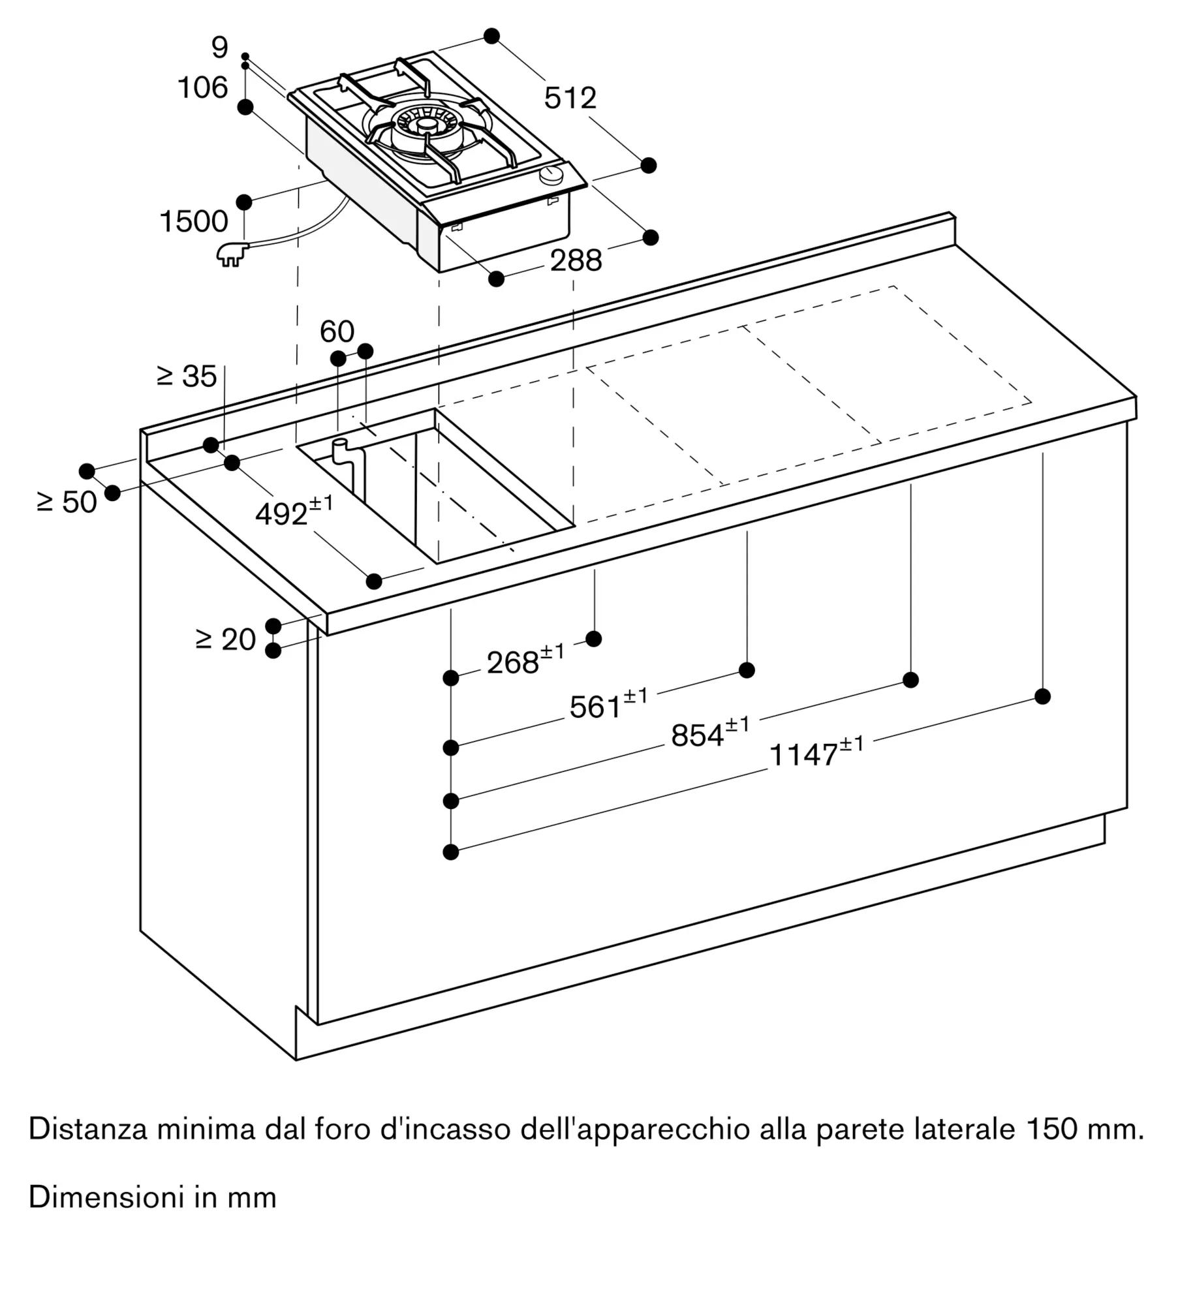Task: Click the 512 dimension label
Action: (570, 98)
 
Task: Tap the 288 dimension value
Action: (576, 260)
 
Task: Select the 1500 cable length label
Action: (194, 222)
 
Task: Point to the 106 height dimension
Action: (203, 87)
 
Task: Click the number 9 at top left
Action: (220, 48)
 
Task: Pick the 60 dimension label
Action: (337, 331)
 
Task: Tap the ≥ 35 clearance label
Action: (187, 376)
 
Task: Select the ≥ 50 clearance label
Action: (67, 502)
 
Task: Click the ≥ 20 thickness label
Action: (225, 639)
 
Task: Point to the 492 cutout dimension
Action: (294, 512)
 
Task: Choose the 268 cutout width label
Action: (525, 660)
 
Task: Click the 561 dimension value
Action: (608, 705)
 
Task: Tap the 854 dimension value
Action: (710, 733)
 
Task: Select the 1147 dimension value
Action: (816, 752)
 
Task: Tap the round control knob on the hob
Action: (553, 175)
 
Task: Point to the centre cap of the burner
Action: (427, 124)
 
